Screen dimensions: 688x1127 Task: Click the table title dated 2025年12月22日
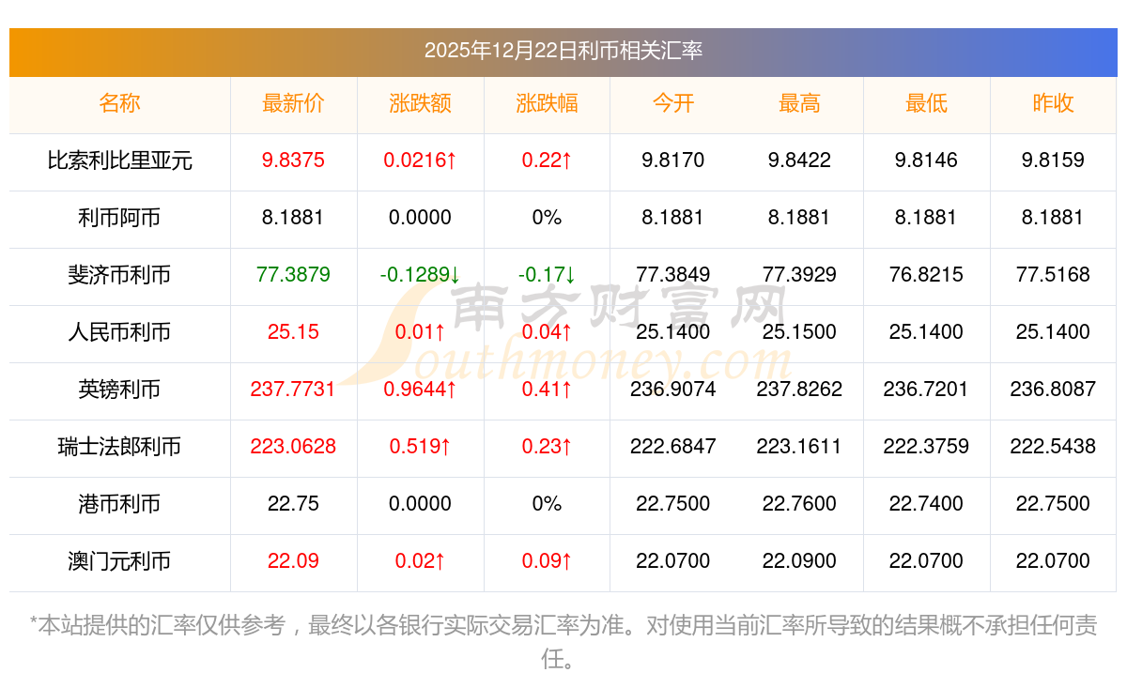(563, 51)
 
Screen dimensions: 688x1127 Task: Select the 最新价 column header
(293, 104)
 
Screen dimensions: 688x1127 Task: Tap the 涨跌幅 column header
(547, 104)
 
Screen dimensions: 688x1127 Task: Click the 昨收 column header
(1053, 104)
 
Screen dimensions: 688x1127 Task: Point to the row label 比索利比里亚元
(119, 161)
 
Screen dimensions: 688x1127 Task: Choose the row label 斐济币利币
(119, 275)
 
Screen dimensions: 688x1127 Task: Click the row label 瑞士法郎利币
(119, 447)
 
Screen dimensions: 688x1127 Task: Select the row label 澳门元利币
(119, 561)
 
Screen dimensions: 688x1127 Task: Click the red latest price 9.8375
(293, 161)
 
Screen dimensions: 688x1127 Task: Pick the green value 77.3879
(293, 275)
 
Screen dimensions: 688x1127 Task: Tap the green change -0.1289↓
(420, 275)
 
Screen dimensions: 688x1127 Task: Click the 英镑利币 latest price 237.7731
(293, 390)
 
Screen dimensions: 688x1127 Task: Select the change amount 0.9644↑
(420, 390)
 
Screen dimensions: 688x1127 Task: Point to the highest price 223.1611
(799, 447)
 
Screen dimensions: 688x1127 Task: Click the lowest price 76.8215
(926, 275)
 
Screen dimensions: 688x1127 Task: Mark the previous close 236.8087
(1053, 390)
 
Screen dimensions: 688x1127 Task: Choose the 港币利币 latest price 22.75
(293, 504)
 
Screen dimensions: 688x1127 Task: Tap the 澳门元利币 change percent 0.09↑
(547, 561)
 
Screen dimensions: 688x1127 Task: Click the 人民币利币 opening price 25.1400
(672, 332)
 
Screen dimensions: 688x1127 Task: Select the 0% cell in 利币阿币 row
(547, 218)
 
